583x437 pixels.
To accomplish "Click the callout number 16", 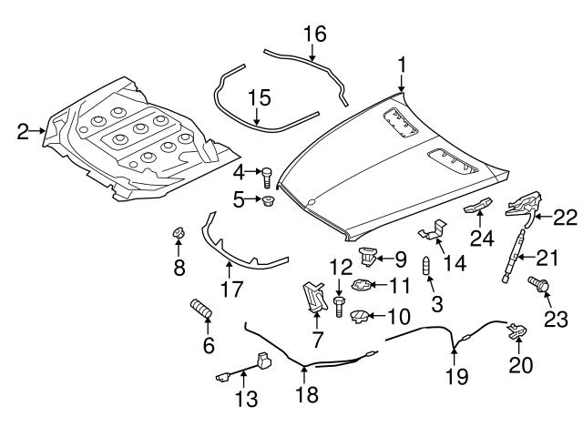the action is point(315,34).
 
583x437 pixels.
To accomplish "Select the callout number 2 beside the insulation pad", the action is point(23,131).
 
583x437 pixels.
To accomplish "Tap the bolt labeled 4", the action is point(267,178).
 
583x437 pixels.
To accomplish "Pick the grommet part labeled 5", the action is point(268,201).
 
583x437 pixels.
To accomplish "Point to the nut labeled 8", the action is point(179,233).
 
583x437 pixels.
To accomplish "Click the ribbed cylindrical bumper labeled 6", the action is point(201,309).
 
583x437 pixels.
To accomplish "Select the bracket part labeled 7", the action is point(314,297).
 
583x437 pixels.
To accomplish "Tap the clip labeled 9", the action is point(368,257).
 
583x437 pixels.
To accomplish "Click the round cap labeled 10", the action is point(359,317).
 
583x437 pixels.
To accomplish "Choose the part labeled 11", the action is point(362,286).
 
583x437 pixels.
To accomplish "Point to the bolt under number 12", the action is point(338,306).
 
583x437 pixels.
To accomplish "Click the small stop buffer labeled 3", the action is point(426,265).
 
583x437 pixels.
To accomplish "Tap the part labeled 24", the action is point(477,206).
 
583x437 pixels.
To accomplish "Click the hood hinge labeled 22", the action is point(524,207).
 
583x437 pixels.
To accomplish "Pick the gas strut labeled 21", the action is point(514,256).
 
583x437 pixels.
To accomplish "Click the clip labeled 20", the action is point(518,330).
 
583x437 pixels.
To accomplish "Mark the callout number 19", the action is point(456,376).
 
